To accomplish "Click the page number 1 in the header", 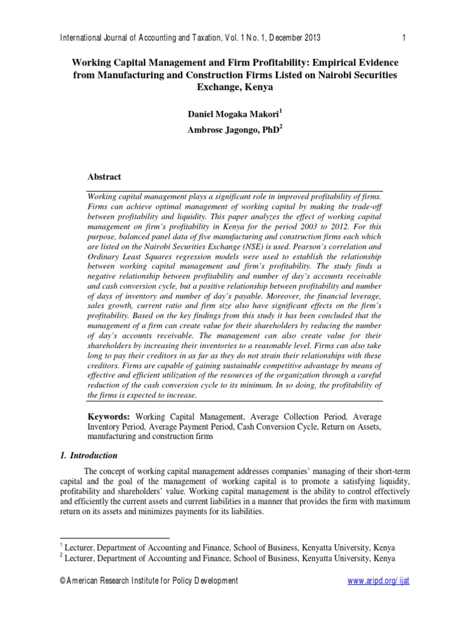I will pos(403,38).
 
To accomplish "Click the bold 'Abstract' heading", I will pos(105,177).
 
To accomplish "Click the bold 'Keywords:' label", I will pos(109,417).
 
